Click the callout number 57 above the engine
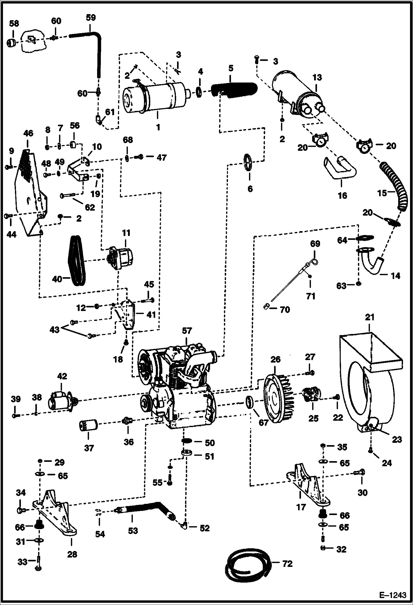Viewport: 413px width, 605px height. point(187,331)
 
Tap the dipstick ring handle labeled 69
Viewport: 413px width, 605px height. point(315,261)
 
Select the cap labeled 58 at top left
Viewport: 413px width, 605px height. point(12,43)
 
